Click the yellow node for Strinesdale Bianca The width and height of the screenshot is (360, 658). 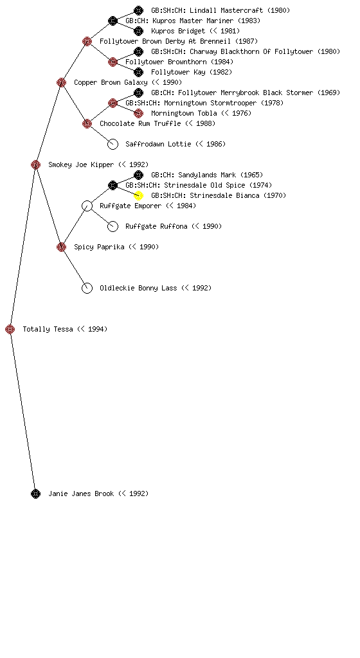[x=138, y=195]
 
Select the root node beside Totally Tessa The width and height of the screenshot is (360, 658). [x=10, y=329]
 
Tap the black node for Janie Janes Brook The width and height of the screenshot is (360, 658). [x=35, y=494]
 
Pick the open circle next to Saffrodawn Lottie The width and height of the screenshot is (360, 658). [x=113, y=149]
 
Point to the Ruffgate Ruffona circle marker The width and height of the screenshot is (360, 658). [x=113, y=231]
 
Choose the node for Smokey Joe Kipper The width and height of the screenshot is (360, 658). [x=35, y=164]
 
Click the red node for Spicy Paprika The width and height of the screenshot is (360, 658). [x=61, y=247]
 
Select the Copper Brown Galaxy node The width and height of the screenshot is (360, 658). [x=61, y=82]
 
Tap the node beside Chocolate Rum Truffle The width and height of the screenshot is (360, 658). [x=87, y=123]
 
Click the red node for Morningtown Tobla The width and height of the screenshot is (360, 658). [x=138, y=113]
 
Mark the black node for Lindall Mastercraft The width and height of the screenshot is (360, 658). [x=138, y=10]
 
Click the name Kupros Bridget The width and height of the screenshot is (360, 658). [x=178, y=31]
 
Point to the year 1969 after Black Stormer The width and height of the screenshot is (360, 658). [x=329, y=93]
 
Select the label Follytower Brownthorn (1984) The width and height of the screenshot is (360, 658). [x=179, y=62]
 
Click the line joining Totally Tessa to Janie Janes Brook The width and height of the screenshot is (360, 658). [x=22, y=411]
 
